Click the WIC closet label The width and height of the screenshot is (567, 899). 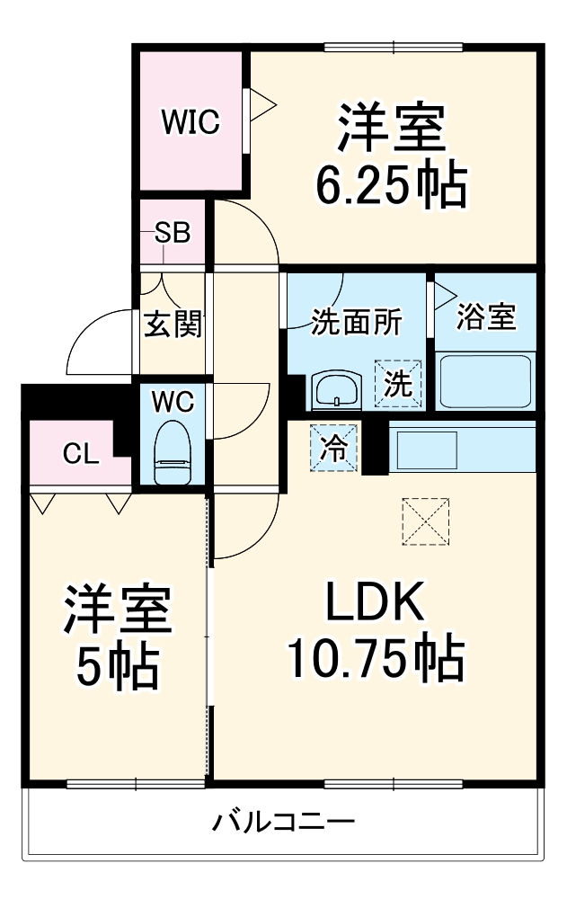pyautogui.click(x=190, y=122)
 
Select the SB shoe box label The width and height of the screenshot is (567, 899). pyautogui.click(x=172, y=234)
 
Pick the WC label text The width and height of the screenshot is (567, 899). pyautogui.click(x=172, y=402)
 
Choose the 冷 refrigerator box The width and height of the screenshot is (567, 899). pyautogui.click(x=333, y=447)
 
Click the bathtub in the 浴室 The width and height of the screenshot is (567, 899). pyautogui.click(x=485, y=382)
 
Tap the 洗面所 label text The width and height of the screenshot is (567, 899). pyautogui.click(x=357, y=322)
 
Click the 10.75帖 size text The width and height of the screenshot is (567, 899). pyautogui.click(x=375, y=659)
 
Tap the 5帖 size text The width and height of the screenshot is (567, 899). pyautogui.click(x=117, y=666)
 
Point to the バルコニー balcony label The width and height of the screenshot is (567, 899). pyautogui.click(x=284, y=821)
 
